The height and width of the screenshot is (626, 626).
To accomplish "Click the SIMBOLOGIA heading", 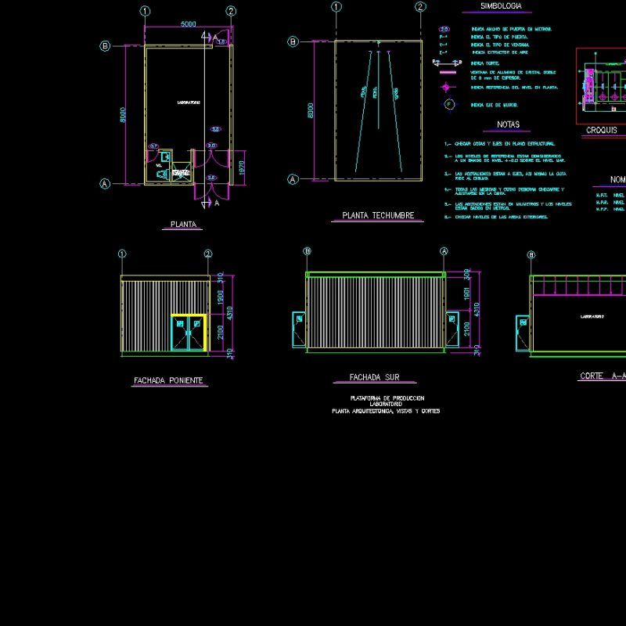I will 502,6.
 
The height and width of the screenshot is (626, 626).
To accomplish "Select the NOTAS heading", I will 508,124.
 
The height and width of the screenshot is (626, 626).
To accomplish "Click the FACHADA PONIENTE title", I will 168,380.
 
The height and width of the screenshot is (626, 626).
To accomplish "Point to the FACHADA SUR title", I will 376,377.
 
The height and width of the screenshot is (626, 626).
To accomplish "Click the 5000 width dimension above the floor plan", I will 188,24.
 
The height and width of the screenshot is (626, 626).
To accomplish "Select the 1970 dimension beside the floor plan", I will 242,167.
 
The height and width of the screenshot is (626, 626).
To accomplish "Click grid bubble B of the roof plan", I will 293,41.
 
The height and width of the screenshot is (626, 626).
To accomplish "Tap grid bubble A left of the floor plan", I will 105,184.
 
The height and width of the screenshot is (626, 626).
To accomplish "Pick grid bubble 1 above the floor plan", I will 145,11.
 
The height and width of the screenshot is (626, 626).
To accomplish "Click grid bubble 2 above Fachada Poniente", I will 208,254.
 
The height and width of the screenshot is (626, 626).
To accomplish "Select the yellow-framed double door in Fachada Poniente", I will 189,333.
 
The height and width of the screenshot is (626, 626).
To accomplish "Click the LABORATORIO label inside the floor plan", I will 188,102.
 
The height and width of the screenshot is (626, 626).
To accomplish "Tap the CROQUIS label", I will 601,131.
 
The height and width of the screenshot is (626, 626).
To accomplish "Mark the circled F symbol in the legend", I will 448,104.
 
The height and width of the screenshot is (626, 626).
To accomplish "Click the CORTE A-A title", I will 601,376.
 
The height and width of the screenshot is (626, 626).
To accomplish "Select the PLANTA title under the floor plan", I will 183,225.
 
